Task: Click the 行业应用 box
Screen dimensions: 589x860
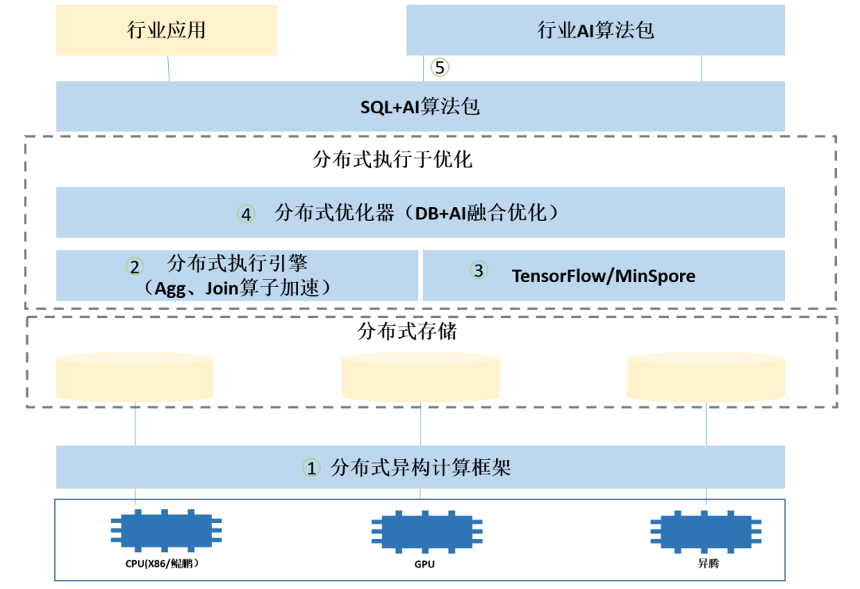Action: coord(166,30)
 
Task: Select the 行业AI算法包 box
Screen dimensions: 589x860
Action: coord(596,30)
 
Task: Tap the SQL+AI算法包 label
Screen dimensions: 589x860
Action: coord(420,106)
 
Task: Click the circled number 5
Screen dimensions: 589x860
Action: coord(440,68)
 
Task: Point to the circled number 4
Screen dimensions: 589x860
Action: coord(246,214)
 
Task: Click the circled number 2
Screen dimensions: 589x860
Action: coord(135,266)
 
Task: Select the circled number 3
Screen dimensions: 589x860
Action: coord(478,271)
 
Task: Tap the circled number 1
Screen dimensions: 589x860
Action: coord(311,468)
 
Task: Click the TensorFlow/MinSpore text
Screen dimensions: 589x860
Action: coord(603,276)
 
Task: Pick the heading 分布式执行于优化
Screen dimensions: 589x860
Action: coord(393,159)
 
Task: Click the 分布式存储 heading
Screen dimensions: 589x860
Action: coord(408,331)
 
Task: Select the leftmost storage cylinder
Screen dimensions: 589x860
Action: coord(135,376)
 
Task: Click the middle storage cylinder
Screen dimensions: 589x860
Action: coord(420,376)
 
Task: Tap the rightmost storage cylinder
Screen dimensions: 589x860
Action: coord(706,376)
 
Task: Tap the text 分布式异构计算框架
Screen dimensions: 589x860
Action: coord(420,468)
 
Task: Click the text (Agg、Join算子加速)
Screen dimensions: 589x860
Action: coord(235,288)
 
